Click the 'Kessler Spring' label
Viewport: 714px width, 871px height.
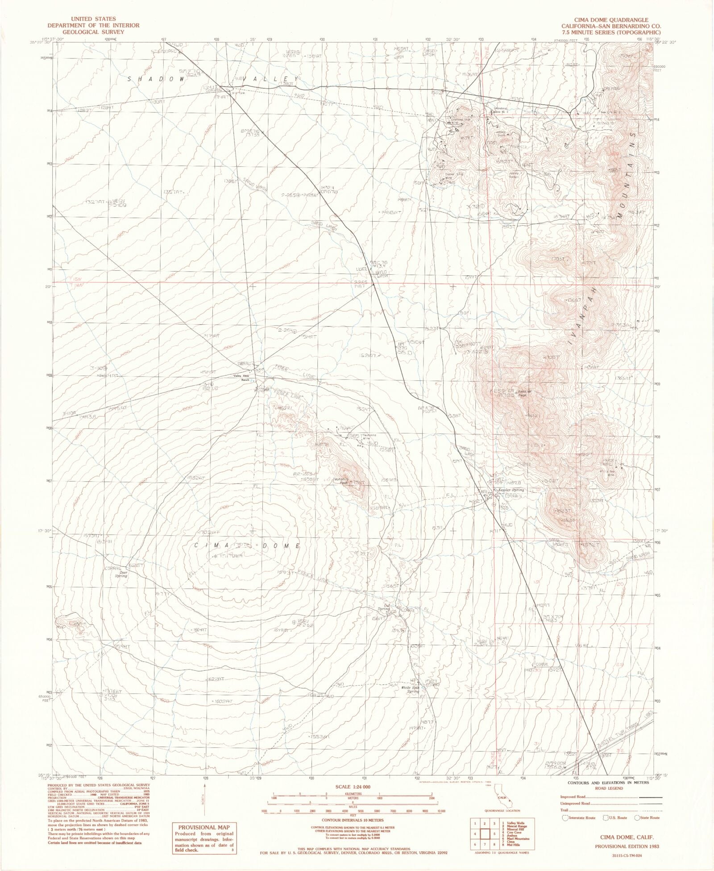(x=512, y=490)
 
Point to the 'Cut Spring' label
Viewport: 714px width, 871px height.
(x=384, y=607)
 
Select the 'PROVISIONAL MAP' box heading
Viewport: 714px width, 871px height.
(x=203, y=827)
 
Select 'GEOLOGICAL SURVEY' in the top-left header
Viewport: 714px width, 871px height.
(x=94, y=32)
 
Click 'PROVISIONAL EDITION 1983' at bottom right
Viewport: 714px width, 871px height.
(x=627, y=846)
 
